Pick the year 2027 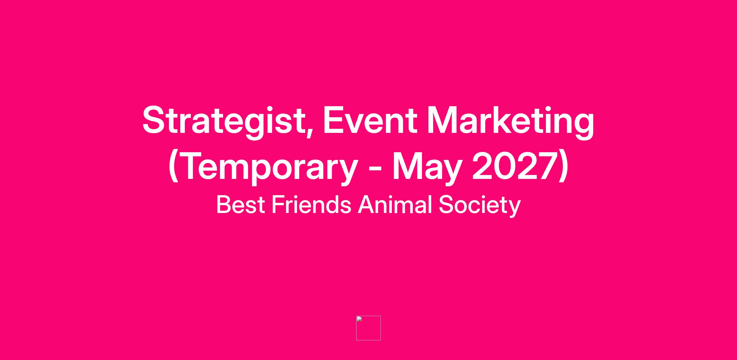click(514, 166)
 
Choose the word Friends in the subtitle click(311, 204)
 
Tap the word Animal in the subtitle click(395, 204)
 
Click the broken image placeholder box click(368, 328)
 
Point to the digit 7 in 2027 click(547, 166)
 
